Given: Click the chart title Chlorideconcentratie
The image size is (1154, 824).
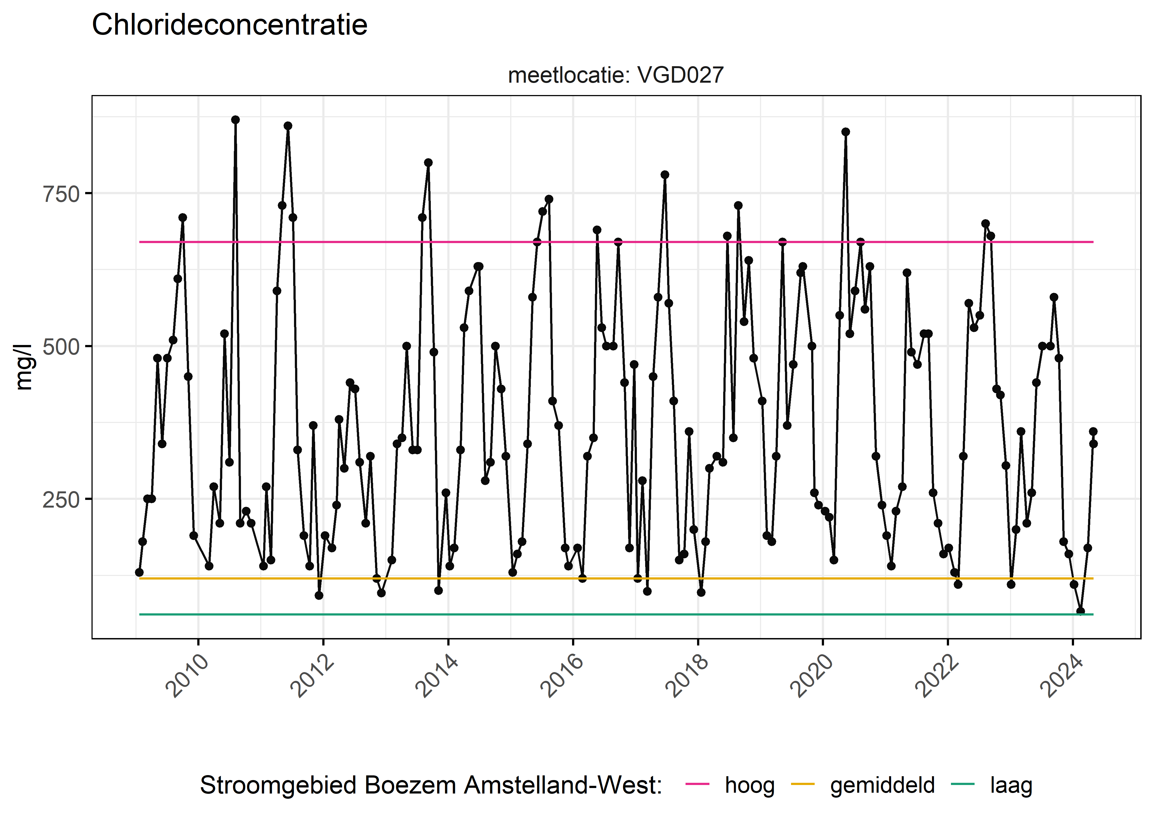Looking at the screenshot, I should pos(229,25).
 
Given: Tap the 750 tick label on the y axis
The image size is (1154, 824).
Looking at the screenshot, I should pos(61,194).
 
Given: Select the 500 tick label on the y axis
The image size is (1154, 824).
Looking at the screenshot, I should pos(61,347).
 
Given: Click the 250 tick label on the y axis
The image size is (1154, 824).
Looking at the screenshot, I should pos(61,500).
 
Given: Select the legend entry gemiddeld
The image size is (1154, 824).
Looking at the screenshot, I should pos(882,786).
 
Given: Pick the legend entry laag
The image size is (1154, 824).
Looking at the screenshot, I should pos(1011,786).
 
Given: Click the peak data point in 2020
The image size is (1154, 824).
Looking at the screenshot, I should pos(845,132).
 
